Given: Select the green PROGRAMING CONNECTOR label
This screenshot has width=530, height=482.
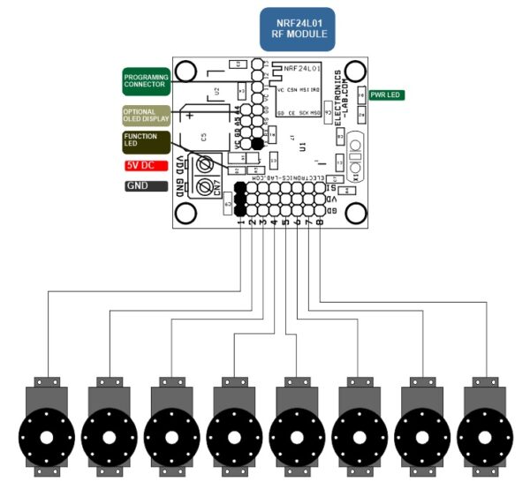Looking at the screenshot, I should [x=146, y=82].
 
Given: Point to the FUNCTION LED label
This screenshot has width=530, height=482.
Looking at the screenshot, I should [x=146, y=143].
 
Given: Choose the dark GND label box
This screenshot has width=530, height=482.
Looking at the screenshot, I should [x=146, y=186].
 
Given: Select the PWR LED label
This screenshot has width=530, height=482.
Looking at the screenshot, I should [x=387, y=94].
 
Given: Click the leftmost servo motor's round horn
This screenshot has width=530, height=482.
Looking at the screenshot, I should [x=46, y=438].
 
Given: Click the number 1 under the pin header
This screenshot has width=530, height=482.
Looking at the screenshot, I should [x=241, y=222].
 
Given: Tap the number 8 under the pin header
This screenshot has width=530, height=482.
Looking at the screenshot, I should [x=319, y=222].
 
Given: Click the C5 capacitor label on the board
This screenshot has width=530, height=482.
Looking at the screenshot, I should [x=204, y=137].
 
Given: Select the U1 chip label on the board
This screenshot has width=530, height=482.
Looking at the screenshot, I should [x=303, y=145].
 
